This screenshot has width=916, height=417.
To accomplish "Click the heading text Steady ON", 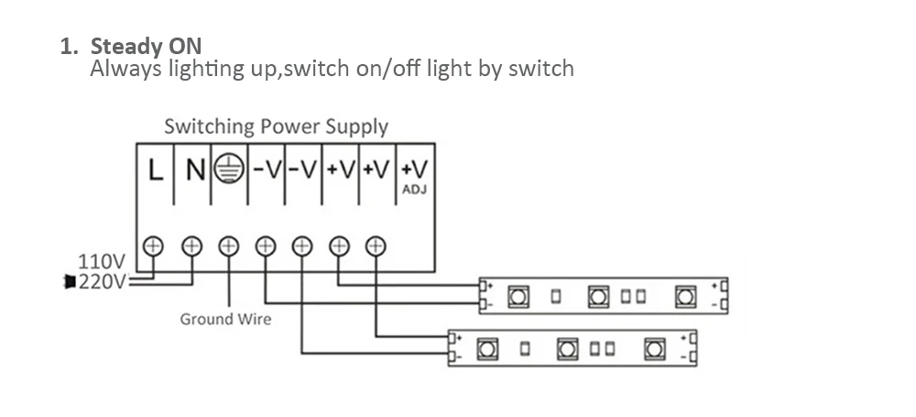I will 147,46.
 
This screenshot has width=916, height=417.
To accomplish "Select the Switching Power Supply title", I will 276,126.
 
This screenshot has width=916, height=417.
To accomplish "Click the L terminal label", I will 156,170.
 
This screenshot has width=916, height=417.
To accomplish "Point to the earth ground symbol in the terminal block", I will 229,170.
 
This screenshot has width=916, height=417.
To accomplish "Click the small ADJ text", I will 415,191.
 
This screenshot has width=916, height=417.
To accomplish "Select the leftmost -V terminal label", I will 266,170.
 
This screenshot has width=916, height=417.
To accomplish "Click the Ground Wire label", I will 225,319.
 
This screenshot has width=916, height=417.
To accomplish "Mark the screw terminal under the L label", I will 154,245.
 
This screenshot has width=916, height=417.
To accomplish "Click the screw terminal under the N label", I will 191,245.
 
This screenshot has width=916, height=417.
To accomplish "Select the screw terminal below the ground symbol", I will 228,245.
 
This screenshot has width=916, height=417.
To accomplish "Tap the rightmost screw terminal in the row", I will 376,245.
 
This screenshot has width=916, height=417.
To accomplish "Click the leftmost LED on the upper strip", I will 517,296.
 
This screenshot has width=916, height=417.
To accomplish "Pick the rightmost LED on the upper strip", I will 684,296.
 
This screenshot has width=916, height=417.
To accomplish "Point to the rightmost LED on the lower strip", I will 653,349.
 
